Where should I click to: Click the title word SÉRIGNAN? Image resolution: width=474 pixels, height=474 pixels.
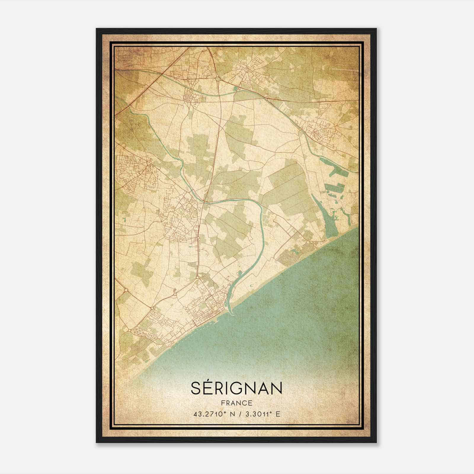(236, 388)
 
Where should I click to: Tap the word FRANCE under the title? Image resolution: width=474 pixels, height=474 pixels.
(236, 403)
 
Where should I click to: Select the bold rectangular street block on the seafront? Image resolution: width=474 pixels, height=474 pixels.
(204, 321)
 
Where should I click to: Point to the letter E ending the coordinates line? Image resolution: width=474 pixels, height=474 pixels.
(278, 414)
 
